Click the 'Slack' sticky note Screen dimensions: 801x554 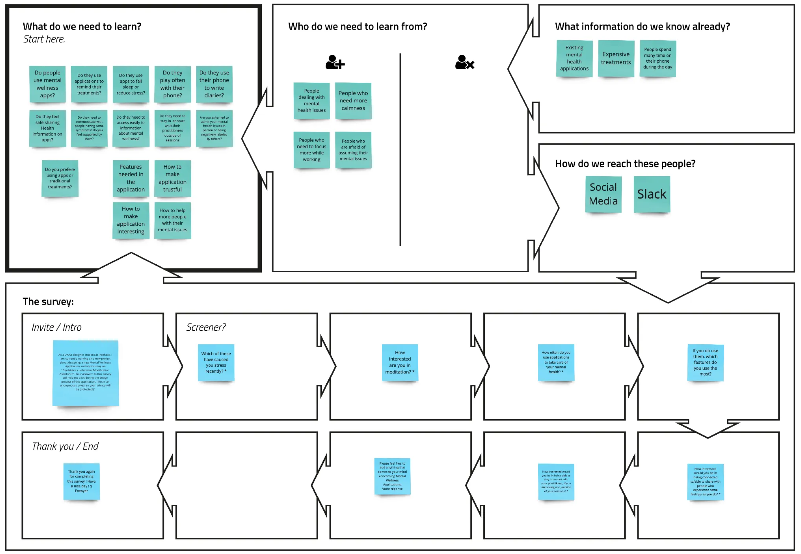[x=652, y=194]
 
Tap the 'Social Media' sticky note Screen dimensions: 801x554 [x=603, y=194]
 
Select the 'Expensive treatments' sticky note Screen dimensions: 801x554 [x=616, y=58]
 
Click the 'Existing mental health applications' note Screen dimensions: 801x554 [x=574, y=58]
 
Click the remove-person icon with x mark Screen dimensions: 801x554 [x=464, y=62]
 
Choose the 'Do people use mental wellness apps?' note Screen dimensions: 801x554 [x=48, y=84]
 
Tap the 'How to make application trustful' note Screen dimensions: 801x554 [x=173, y=178]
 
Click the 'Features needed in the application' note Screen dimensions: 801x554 [x=131, y=178]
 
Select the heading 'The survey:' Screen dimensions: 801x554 [x=48, y=301]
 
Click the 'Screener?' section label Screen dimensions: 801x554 [x=206, y=327]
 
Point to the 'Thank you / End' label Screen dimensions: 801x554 [x=65, y=446]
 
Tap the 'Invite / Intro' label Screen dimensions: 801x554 [x=57, y=327]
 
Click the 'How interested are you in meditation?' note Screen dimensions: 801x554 [x=400, y=362]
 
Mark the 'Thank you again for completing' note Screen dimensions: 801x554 [x=81, y=481]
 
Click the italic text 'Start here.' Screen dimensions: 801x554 [x=44, y=39]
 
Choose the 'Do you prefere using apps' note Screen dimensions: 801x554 [x=60, y=178]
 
